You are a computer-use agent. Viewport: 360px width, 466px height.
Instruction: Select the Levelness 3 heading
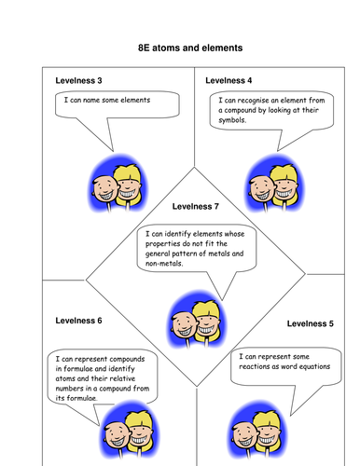tap(79, 80)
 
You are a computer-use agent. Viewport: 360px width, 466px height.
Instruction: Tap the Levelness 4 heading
tap(228, 80)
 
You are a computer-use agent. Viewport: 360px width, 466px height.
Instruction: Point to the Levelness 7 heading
tap(197, 206)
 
